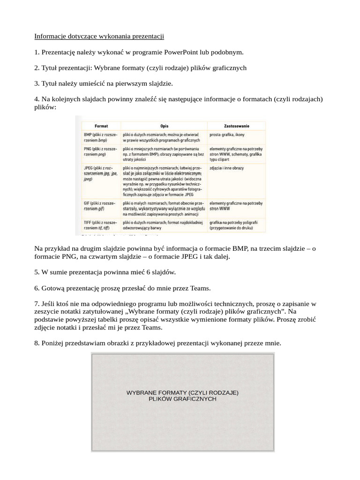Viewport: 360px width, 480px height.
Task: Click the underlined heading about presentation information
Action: [99, 36]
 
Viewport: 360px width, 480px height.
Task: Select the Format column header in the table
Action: [101, 126]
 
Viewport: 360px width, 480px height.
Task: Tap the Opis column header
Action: [164, 126]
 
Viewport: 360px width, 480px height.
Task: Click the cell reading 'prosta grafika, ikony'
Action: [227, 135]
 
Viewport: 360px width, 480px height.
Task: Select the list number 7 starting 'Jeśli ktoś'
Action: [37, 303]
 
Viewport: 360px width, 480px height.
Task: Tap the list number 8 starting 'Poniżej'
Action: [37, 343]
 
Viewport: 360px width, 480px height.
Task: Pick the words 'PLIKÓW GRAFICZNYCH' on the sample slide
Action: [182, 399]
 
